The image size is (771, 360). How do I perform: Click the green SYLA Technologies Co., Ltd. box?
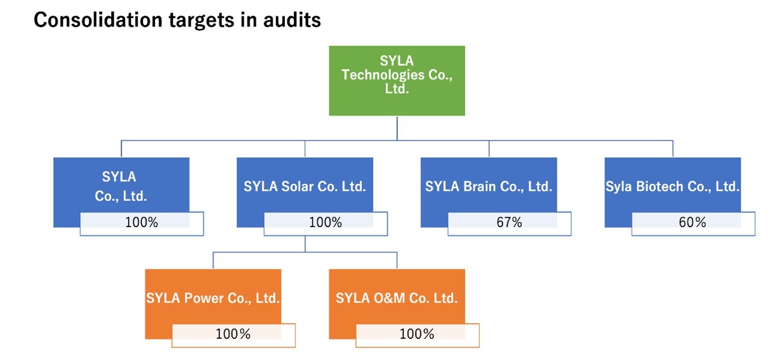[396, 80]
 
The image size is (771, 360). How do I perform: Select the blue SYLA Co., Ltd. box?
[121, 184]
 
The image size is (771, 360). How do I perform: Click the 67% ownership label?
[509, 223]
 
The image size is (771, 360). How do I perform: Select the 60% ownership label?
[693, 223]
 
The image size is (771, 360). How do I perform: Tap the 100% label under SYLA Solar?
[325, 223]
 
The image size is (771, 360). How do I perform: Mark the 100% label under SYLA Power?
[233, 334]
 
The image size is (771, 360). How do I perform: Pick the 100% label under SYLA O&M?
[417, 334]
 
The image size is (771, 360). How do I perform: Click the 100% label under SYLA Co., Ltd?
[141, 223]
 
